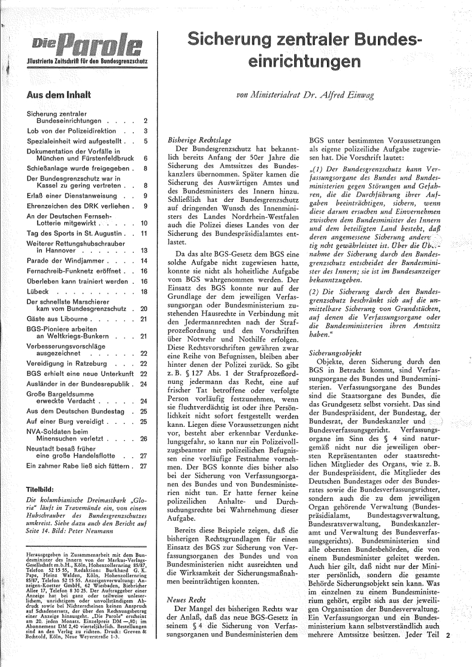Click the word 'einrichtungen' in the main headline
point(312,62)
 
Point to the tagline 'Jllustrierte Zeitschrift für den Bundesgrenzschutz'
point(85,61)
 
